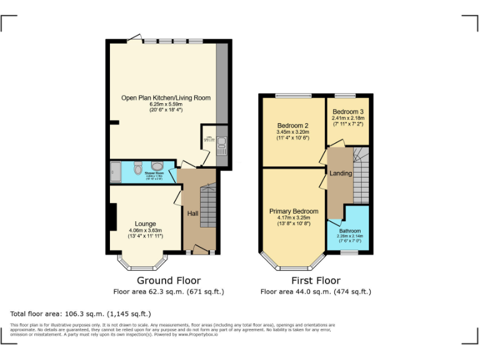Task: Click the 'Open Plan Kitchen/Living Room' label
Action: click(166, 97)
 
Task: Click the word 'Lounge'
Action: click(145, 224)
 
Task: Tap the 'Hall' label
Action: click(193, 214)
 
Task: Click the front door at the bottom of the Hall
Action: click(199, 251)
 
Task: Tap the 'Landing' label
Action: click(341, 173)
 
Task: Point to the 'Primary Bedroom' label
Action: click(294, 211)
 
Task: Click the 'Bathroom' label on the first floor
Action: click(349, 231)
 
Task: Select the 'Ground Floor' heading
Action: click(169, 281)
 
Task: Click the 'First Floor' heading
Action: click(316, 281)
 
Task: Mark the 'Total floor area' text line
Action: click(81, 313)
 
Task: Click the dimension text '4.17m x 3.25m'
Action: click(294, 217)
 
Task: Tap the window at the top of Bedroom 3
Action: click(344, 96)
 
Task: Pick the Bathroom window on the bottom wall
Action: click(348, 252)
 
